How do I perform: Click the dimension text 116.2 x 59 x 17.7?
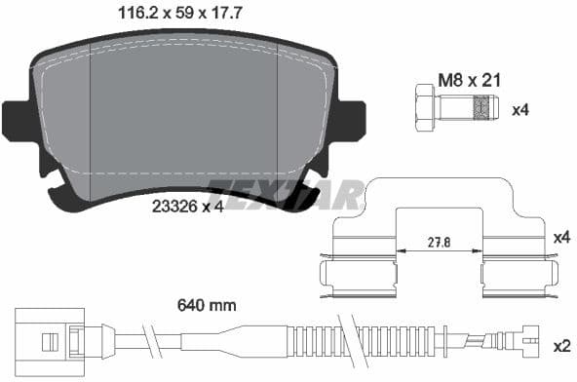pos(171,14)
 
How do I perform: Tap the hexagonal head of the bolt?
pos(425,108)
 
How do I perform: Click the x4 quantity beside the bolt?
pos(521,109)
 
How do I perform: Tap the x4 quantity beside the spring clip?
pos(560,237)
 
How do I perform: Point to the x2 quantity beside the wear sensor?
pos(560,346)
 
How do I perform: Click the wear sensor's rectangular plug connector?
pos(43,340)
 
